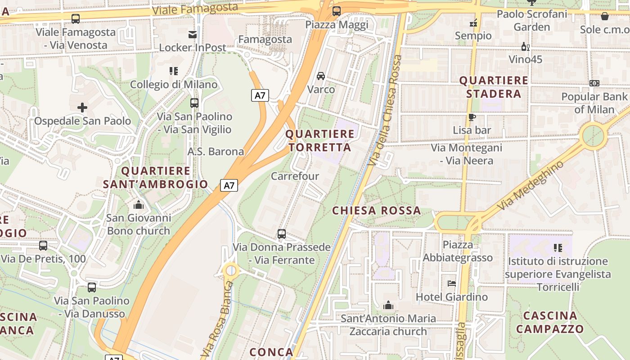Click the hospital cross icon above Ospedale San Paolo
tap(82, 108)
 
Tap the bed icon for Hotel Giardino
tap(452, 283)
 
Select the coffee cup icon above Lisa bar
tap(472, 117)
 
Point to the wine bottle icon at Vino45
tap(525, 46)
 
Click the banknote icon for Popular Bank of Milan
tap(594, 83)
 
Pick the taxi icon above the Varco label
tap(321, 76)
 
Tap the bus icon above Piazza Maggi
tap(336, 11)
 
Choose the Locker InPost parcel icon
tap(193, 35)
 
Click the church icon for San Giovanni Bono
tap(139, 205)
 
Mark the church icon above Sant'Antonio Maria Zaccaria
tap(388, 306)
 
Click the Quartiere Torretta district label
tap(320, 140)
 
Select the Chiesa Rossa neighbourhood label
tap(377, 211)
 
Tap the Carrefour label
tap(295, 176)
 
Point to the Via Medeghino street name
tap(531, 185)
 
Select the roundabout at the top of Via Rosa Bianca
tap(231, 270)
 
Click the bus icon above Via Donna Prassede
tap(282, 234)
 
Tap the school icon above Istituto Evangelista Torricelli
tap(558, 247)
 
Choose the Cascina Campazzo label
tap(550, 322)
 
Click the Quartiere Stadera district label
tap(494, 87)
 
